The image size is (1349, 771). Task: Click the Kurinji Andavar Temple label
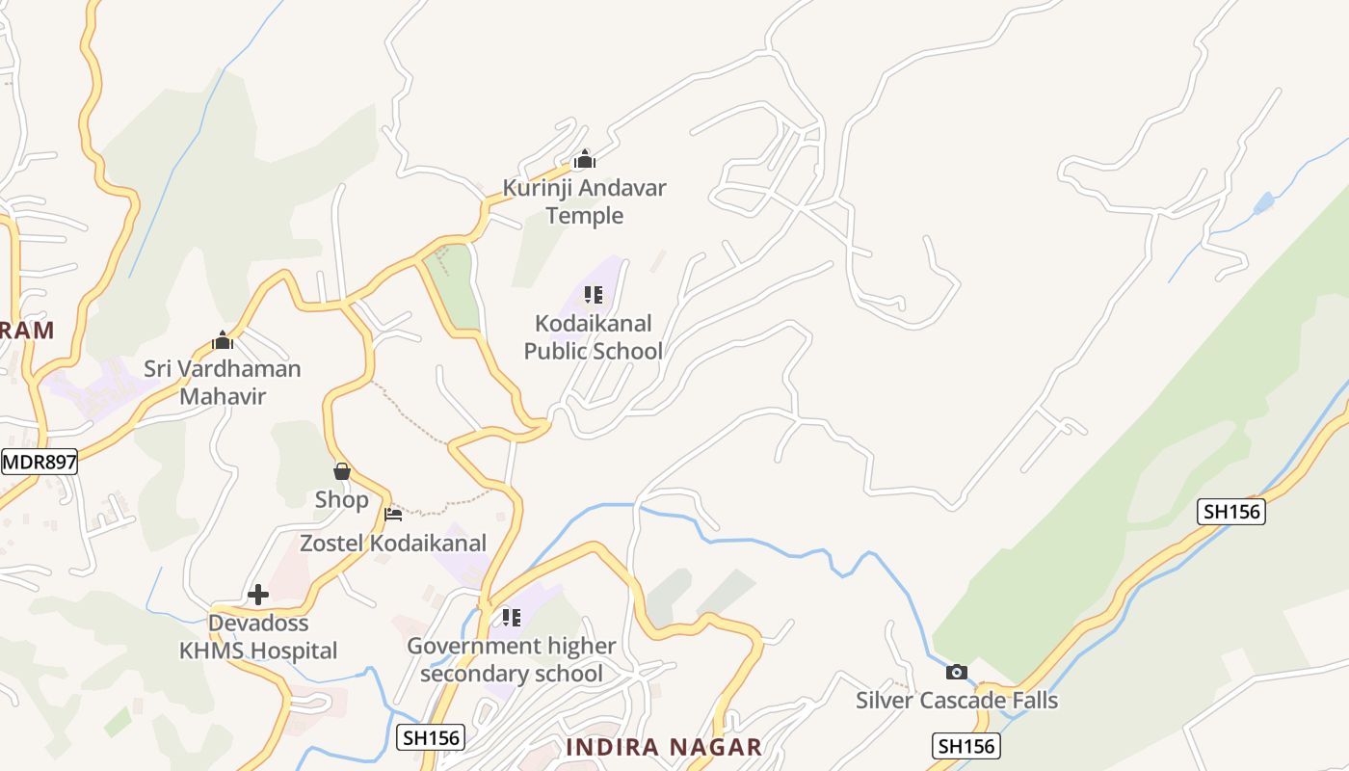(x=584, y=201)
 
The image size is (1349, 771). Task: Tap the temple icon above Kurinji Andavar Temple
(x=584, y=160)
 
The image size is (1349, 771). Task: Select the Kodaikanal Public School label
(x=593, y=336)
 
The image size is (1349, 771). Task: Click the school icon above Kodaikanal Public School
(x=593, y=295)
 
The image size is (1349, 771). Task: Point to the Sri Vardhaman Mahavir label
(x=223, y=382)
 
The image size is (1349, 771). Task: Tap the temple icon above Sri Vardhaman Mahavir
(x=223, y=340)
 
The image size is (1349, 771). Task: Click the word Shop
(x=341, y=499)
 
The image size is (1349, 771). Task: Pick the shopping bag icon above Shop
(x=341, y=471)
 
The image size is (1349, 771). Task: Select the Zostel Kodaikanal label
(x=393, y=543)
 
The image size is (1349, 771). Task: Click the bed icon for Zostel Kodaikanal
(x=393, y=515)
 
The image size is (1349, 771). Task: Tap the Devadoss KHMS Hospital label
(x=258, y=637)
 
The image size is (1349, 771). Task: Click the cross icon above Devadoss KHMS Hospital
(x=258, y=595)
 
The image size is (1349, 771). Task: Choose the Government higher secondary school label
(x=512, y=659)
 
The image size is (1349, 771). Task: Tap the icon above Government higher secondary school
(x=511, y=617)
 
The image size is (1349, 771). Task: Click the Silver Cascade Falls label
(x=957, y=700)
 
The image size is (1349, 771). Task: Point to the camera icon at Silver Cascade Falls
(x=956, y=672)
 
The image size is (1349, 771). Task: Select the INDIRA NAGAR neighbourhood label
(x=664, y=747)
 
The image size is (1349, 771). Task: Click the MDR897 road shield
(x=39, y=462)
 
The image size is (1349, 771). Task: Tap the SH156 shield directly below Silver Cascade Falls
(x=966, y=745)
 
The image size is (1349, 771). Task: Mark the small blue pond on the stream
(x=1263, y=203)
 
